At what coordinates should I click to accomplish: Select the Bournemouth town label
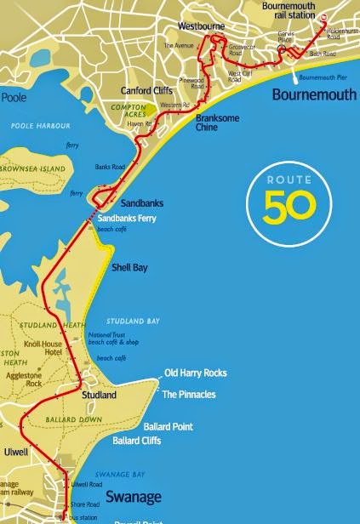313,94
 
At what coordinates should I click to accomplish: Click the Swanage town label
128,495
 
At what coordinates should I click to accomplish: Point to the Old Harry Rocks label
196,373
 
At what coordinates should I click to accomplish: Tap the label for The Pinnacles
189,395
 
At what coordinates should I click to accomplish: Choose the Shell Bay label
130,268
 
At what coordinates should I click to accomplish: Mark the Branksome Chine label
220,122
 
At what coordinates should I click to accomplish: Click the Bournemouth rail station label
289,9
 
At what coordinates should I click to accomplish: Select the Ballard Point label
165,425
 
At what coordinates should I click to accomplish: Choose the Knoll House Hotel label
62,351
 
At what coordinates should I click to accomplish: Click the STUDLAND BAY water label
131,321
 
